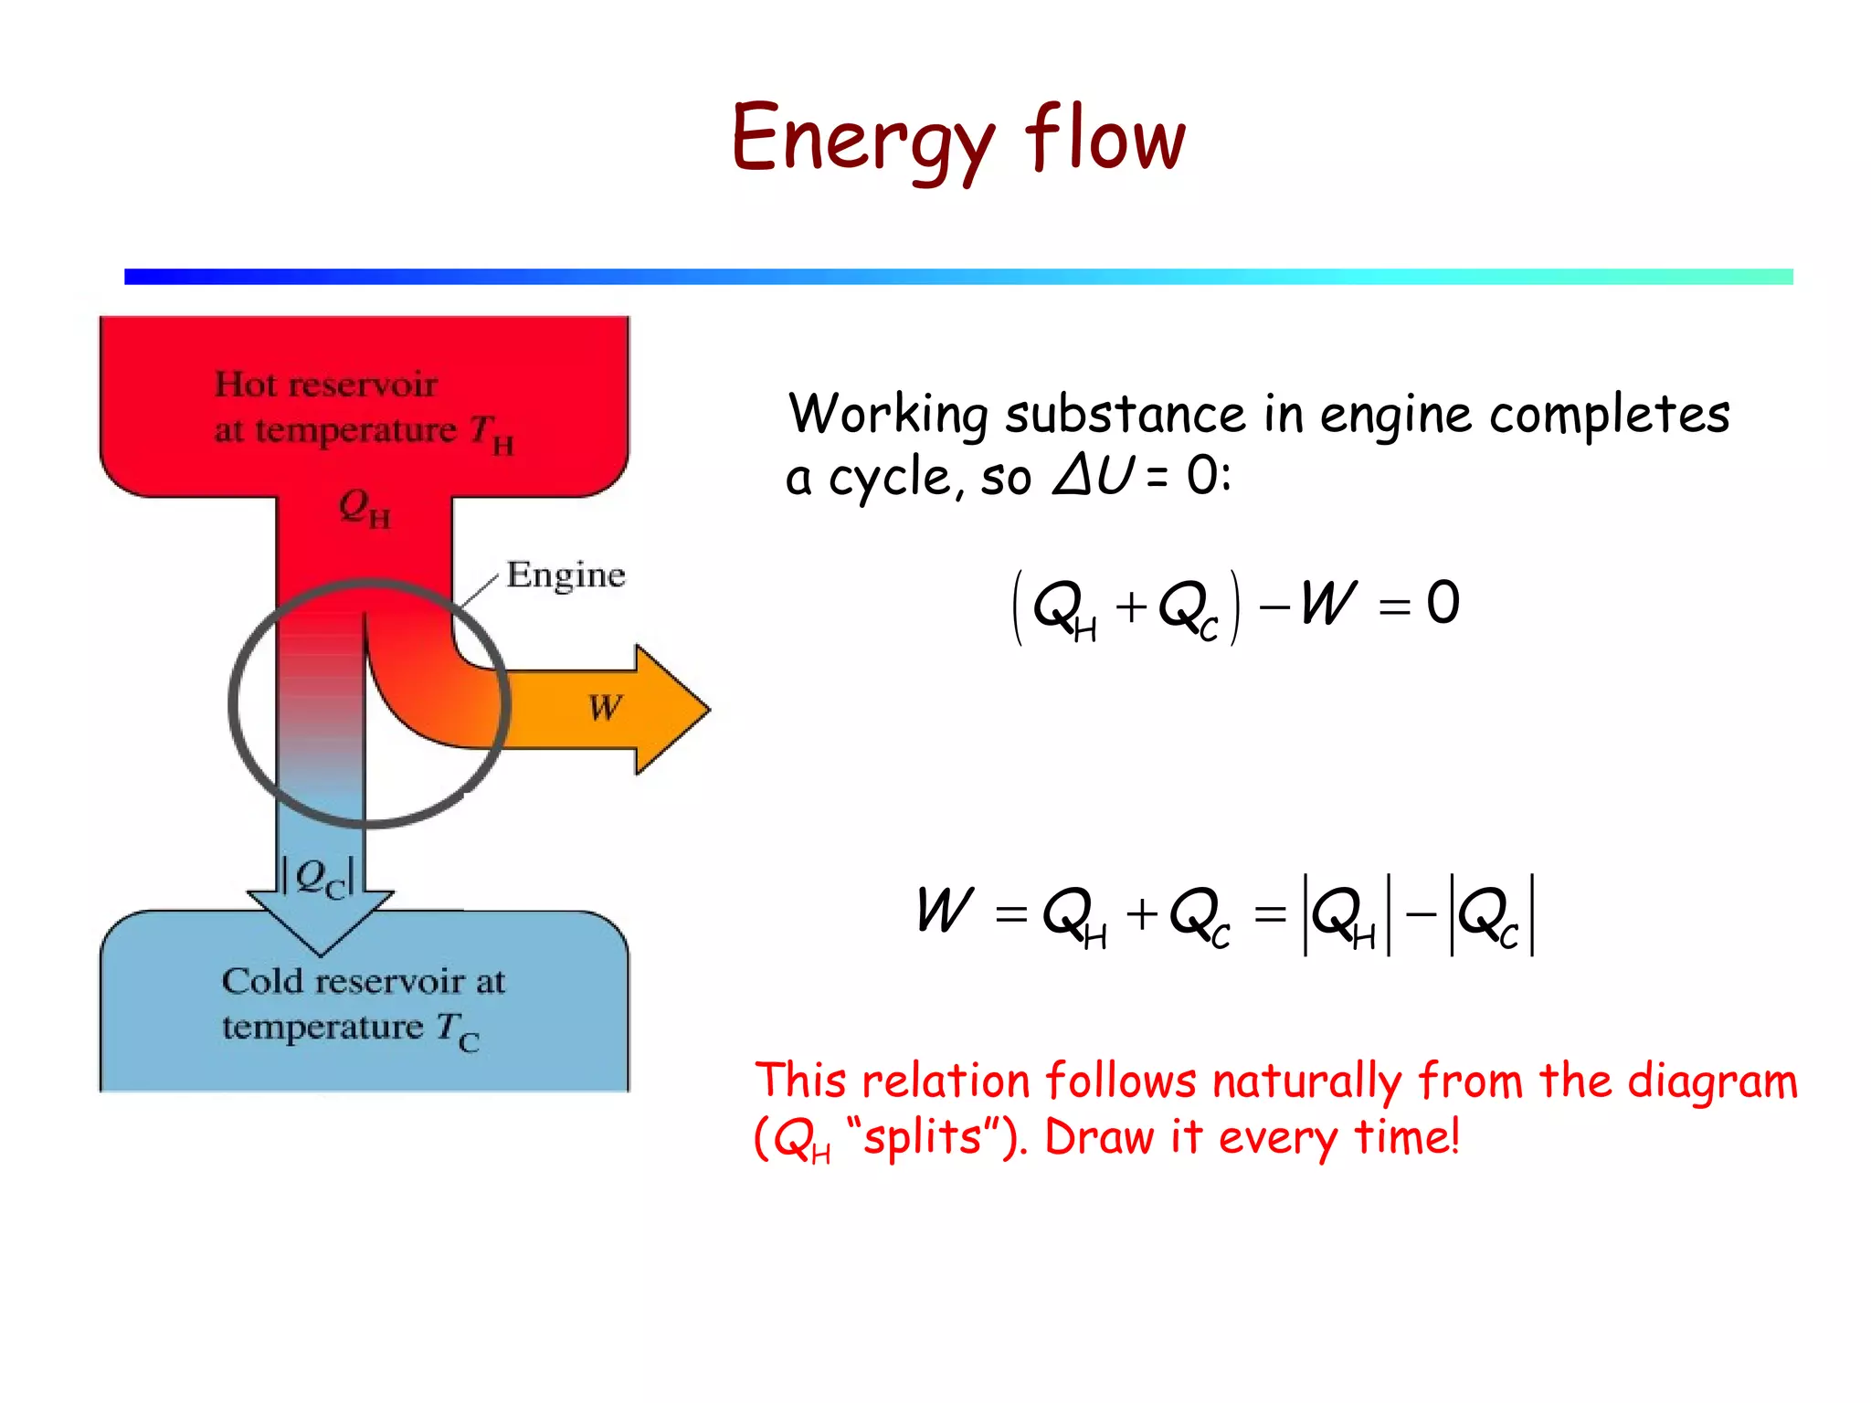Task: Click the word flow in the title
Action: coord(1105,137)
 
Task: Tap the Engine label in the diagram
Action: coord(566,575)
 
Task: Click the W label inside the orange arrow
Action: coord(605,708)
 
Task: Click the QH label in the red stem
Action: coord(364,508)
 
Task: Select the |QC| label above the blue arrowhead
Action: coord(318,878)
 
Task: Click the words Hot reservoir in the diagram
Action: coord(325,385)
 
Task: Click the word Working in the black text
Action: coord(887,415)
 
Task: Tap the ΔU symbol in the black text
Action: coord(1093,475)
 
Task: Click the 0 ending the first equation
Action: coord(1443,604)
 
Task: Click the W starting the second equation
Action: coord(945,911)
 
